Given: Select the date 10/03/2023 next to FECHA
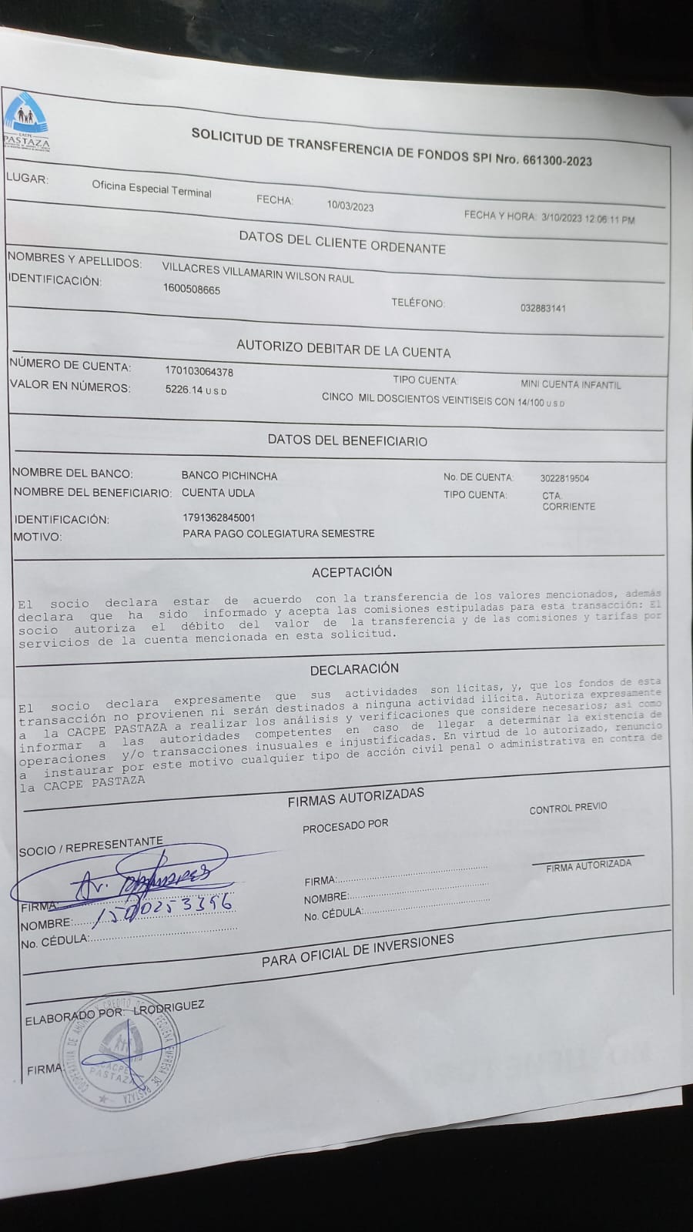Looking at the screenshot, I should (350, 206).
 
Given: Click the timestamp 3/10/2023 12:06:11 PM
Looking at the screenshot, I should (588, 218).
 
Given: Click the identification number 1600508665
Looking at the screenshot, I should (192, 290).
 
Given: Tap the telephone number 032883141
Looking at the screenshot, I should (543, 308).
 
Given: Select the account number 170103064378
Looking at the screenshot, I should (199, 371).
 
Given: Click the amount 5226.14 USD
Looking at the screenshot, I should (196, 390).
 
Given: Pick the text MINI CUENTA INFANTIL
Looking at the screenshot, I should (571, 384).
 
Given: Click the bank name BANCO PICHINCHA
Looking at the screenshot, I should (229, 476).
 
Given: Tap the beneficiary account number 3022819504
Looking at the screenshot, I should (564, 478).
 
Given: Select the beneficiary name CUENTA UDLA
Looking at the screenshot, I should (218, 493).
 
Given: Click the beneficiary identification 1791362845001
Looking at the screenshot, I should (219, 517).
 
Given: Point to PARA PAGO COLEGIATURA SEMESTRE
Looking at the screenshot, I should (279, 533).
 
